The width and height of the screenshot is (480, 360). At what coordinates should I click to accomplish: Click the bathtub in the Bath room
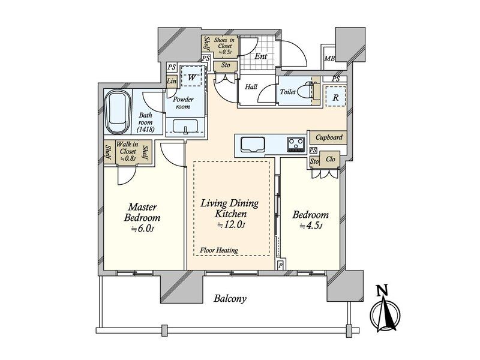(x=118, y=112)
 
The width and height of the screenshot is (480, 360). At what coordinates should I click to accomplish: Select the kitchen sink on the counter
(x=253, y=144)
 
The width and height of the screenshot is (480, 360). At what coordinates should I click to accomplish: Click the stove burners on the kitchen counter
(x=296, y=145)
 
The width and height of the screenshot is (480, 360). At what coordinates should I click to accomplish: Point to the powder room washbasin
(x=185, y=126)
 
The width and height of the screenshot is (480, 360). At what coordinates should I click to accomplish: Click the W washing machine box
(x=191, y=77)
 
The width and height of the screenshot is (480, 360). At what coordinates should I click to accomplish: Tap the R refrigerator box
(x=336, y=97)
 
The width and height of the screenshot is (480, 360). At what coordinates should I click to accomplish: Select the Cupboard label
(x=329, y=137)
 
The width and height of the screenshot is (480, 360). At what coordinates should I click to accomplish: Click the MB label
(x=329, y=58)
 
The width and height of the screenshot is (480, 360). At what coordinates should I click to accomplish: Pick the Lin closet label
(x=172, y=82)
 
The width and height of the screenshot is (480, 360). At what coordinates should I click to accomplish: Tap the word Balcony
(x=230, y=298)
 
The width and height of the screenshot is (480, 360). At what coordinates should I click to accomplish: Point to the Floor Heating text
(x=219, y=250)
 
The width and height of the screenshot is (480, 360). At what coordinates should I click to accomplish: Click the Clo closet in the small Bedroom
(x=331, y=159)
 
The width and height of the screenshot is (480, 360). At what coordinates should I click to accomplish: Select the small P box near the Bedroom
(x=280, y=265)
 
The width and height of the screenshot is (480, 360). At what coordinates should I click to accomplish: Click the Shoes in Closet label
(x=224, y=46)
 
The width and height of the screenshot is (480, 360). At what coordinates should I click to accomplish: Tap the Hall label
(x=251, y=86)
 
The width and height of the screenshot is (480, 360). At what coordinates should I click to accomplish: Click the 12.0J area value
(x=231, y=224)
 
